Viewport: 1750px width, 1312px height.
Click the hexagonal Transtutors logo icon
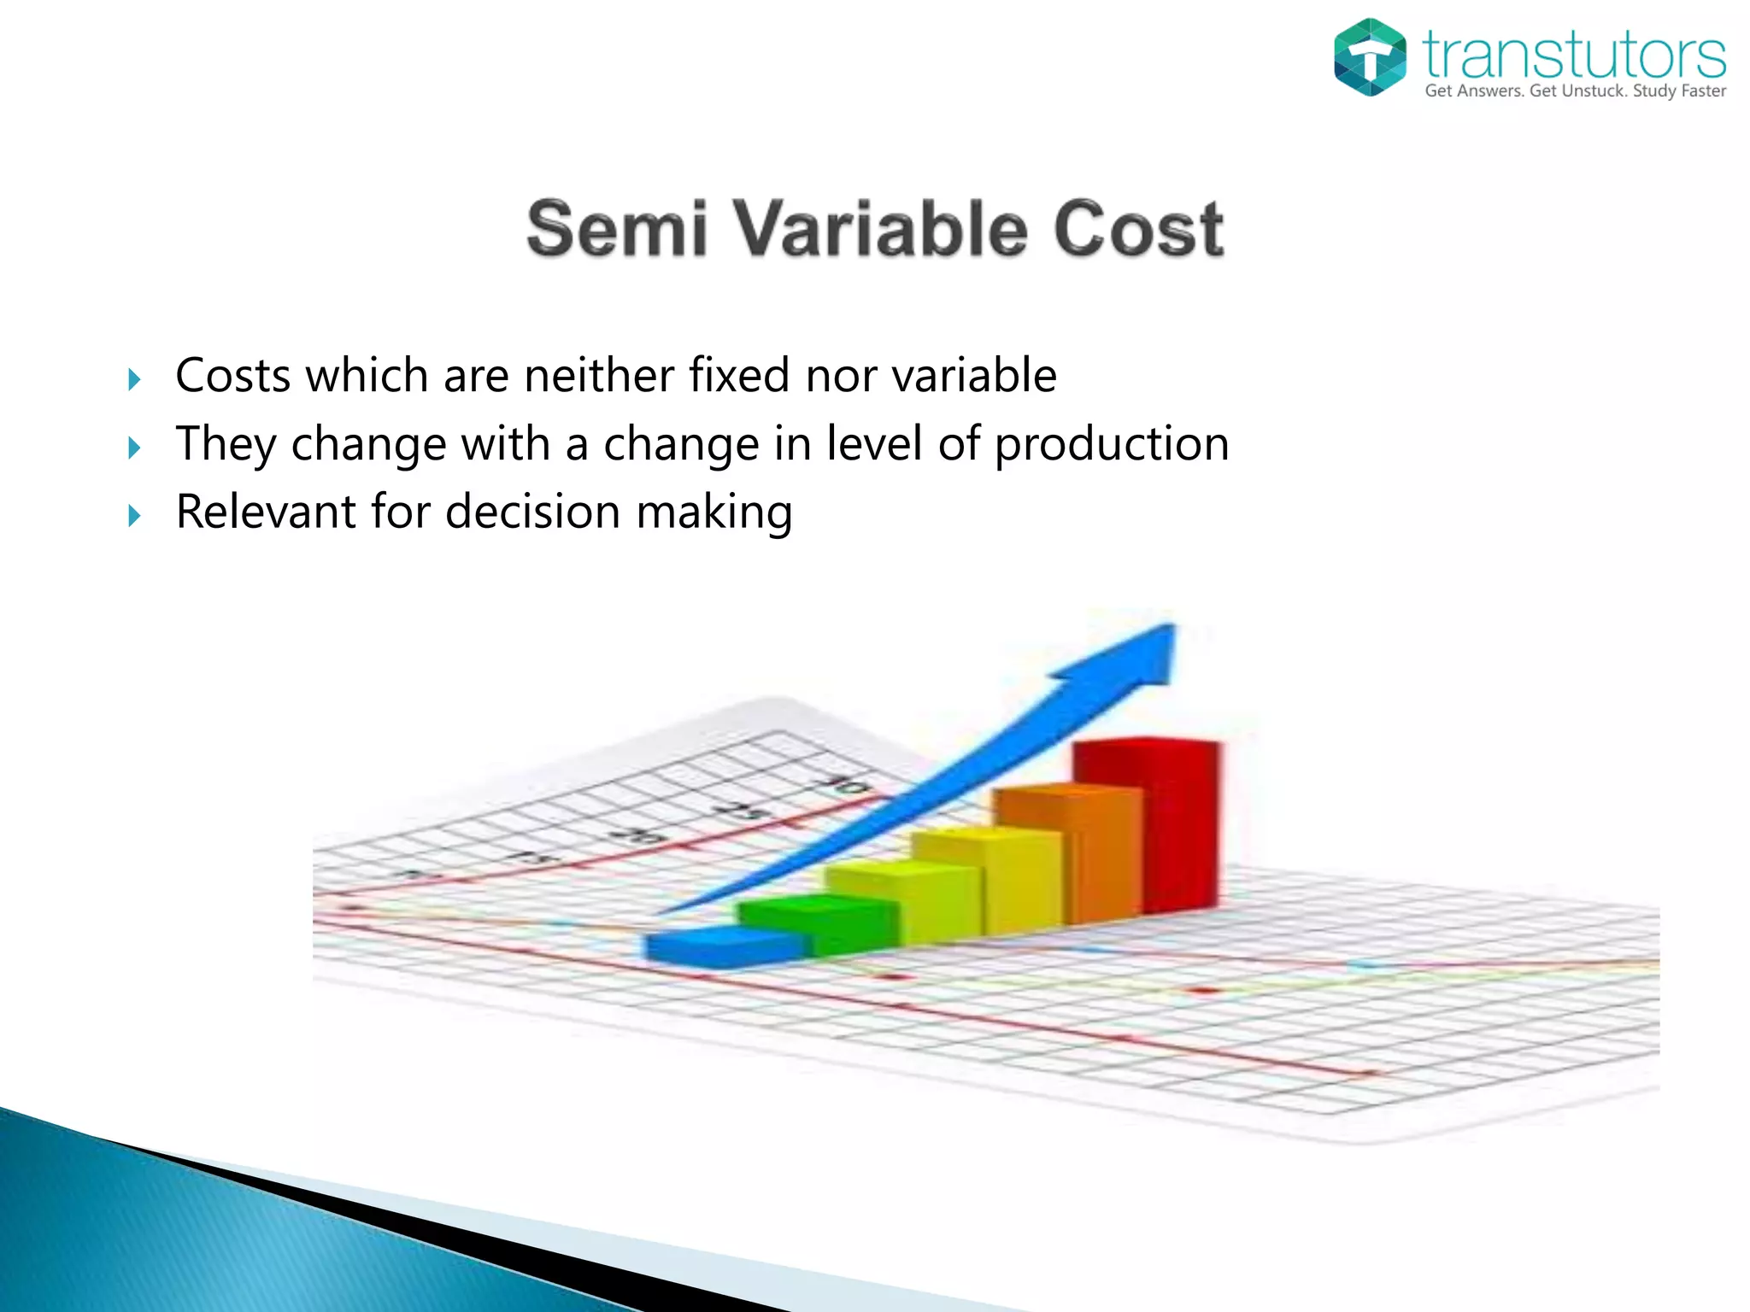(1370, 57)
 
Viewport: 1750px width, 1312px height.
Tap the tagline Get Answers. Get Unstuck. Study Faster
(1575, 91)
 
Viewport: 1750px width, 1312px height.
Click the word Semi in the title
(617, 229)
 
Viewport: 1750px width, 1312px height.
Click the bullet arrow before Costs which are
(134, 379)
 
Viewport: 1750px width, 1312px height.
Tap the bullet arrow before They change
(134, 448)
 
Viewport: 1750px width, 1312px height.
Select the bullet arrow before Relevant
(134, 515)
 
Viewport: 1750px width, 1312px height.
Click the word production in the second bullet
(1112, 444)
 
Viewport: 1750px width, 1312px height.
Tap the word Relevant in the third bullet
(266, 512)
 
